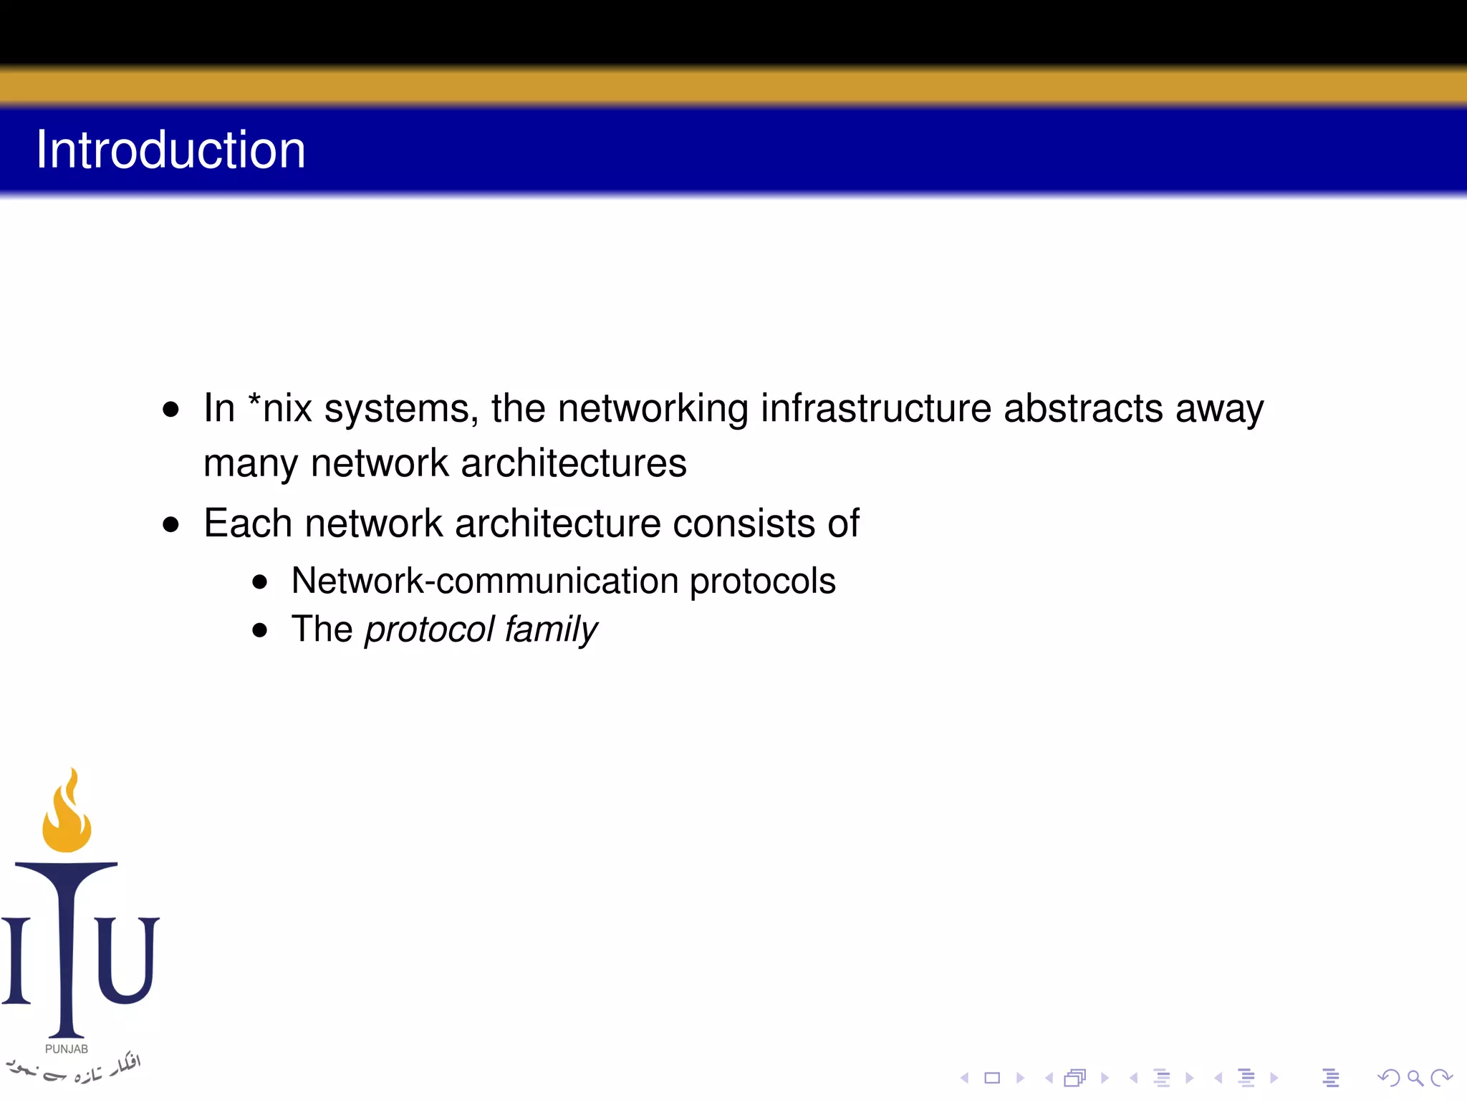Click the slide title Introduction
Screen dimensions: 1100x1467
point(170,150)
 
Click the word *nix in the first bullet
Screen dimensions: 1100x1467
point(279,408)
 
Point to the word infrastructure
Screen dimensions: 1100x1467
point(875,408)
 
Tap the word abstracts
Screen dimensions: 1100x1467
point(1082,408)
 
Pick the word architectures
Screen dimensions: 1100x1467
point(573,463)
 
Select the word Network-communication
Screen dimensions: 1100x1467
point(484,580)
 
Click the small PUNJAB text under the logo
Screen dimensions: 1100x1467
point(67,1049)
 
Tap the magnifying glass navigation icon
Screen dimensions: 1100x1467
point(1414,1078)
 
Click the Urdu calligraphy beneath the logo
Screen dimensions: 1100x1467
point(75,1069)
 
